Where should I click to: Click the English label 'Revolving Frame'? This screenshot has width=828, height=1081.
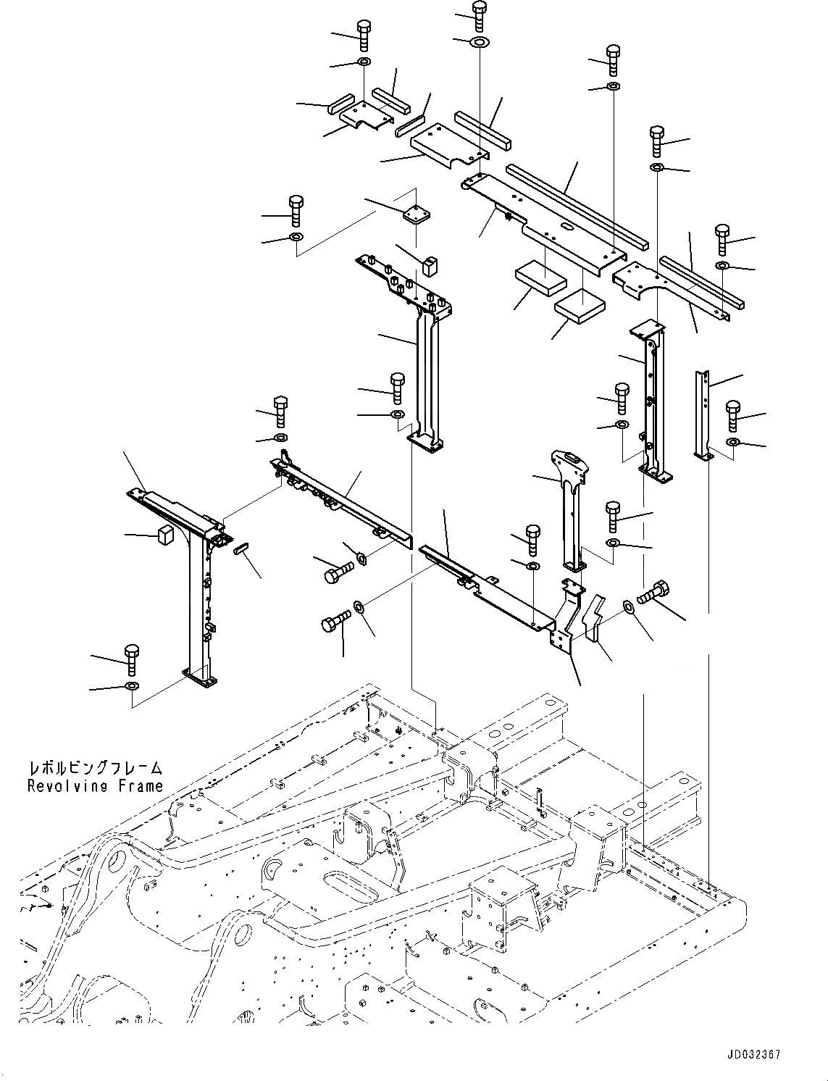[x=95, y=786]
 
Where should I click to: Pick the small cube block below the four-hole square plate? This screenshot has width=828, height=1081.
[x=432, y=264]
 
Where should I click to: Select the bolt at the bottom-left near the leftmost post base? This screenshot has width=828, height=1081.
[x=132, y=658]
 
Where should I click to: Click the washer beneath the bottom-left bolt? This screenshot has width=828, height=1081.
[x=133, y=685]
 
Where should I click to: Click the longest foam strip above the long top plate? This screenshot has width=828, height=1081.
[x=577, y=205]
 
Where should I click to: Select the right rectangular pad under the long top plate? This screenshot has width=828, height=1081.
[x=580, y=305]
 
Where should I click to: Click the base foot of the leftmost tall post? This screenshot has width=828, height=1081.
[x=200, y=678]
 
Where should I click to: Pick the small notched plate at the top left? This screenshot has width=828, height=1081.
[x=366, y=114]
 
